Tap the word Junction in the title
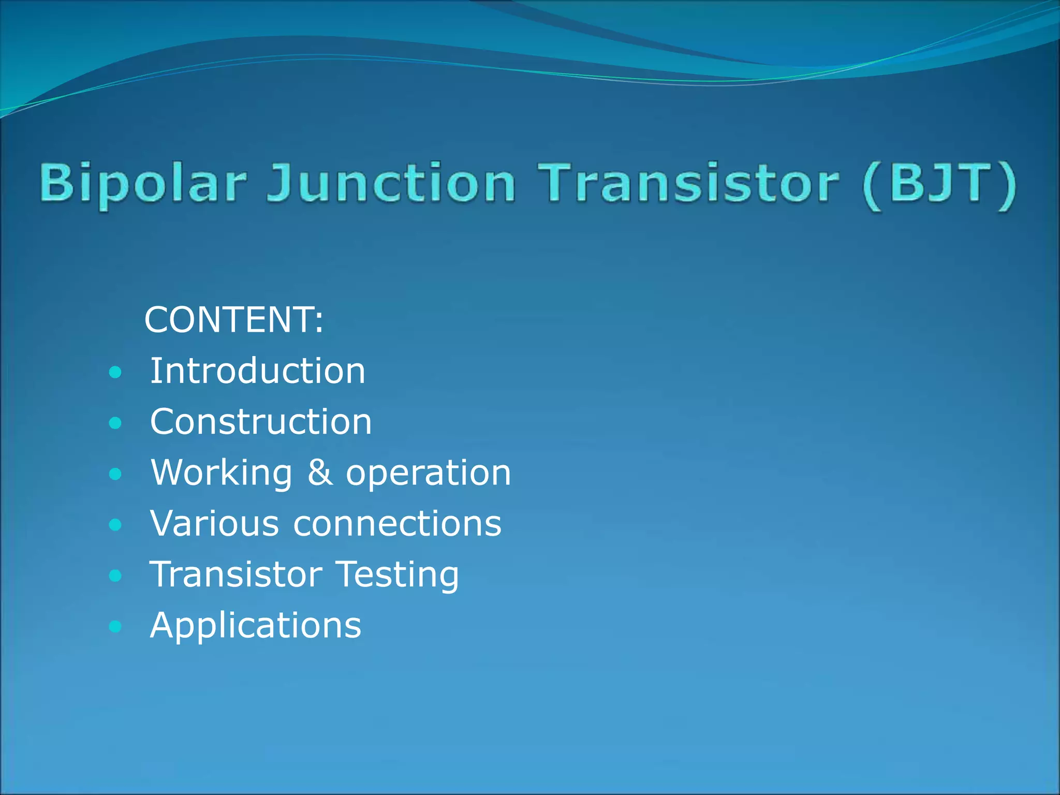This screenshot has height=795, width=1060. pos(391,184)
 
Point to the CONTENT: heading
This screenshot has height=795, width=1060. pos(234,320)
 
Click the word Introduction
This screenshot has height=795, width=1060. pos(257,371)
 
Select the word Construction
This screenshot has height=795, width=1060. pos(261,422)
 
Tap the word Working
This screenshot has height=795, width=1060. pos(222,473)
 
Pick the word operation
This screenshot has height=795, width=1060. pos(429,473)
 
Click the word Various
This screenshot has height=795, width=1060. pos(214,523)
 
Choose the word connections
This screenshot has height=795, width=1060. pos(397,523)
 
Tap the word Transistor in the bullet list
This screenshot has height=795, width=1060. pos(236,574)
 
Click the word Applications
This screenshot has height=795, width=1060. pos(255,626)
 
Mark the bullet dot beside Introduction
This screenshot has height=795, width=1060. pos(116,372)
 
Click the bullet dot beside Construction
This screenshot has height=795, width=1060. pos(116,423)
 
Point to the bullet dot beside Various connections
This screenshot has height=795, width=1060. pos(116,525)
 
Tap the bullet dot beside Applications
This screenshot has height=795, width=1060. pos(116,627)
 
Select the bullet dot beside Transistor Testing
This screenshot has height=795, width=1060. pos(116,576)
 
